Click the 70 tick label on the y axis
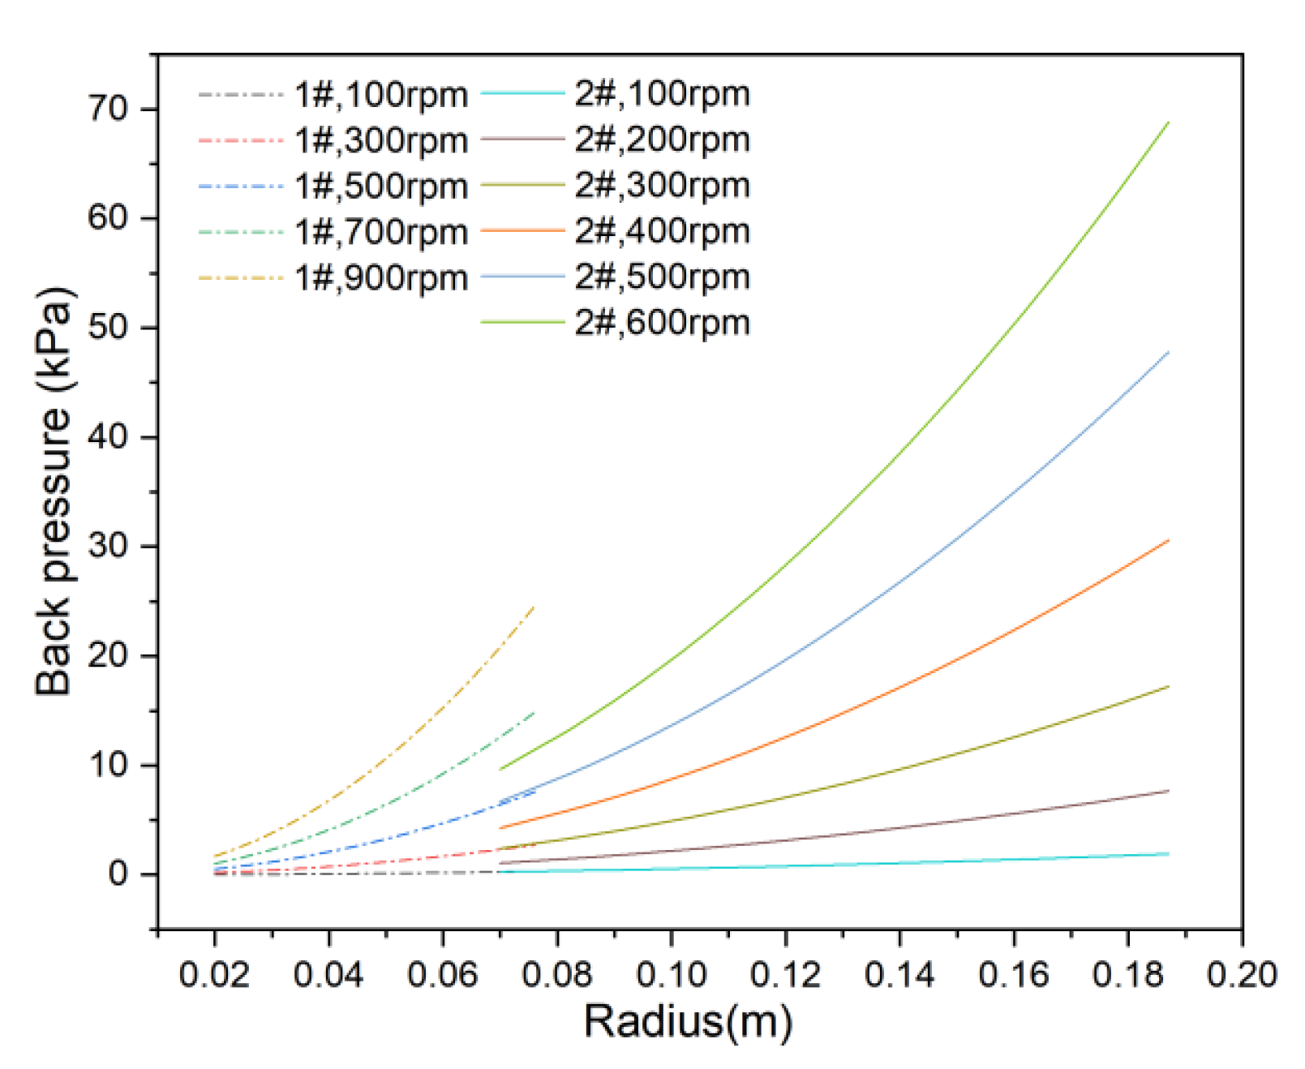tap(108, 109)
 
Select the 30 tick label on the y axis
tap(108, 546)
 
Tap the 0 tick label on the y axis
tap(118, 874)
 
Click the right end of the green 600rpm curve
tap(1168, 122)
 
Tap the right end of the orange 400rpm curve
tap(1168, 540)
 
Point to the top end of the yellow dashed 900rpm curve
tap(534, 607)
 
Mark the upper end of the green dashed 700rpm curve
tap(534, 713)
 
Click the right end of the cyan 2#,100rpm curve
tap(1168, 853)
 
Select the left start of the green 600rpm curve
tap(500, 769)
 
